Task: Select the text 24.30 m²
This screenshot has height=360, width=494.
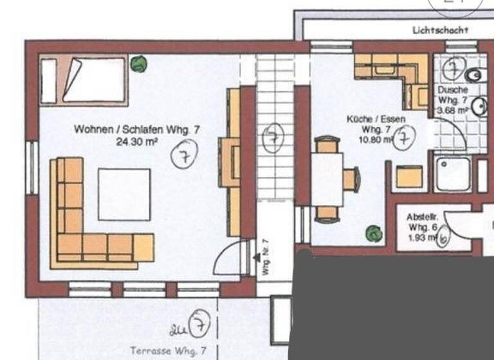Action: [x=136, y=140]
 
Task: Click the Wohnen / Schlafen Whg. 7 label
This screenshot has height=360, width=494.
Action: [x=136, y=129]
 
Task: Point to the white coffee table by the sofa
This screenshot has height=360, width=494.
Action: [x=124, y=194]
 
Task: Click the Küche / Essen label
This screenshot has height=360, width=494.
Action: [x=376, y=120]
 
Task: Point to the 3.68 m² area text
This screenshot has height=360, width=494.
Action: [x=453, y=111]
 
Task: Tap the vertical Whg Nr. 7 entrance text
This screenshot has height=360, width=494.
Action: [x=265, y=258]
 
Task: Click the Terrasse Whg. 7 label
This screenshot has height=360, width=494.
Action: [x=168, y=350]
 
